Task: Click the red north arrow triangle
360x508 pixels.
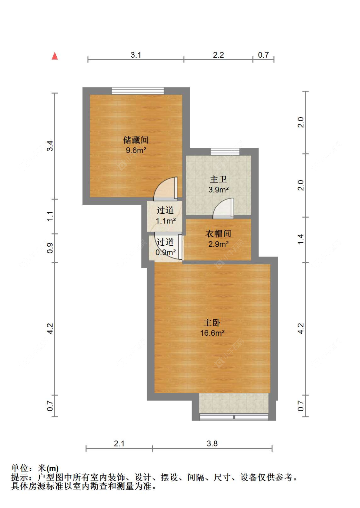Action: pyautogui.click(x=55, y=56)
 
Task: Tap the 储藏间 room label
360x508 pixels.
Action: pyautogui.click(x=136, y=140)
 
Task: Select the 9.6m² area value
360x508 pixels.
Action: pyautogui.click(x=136, y=150)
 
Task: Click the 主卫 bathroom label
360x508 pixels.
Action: pyautogui.click(x=218, y=179)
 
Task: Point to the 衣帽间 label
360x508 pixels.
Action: pyautogui.click(x=218, y=234)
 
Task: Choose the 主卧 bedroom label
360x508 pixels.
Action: pyautogui.click(x=212, y=323)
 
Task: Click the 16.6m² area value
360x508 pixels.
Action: pyautogui.click(x=212, y=333)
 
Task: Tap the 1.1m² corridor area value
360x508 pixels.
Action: pyautogui.click(x=166, y=221)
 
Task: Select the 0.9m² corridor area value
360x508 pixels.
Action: pyautogui.click(x=165, y=252)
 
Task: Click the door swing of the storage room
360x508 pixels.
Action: pyautogui.click(x=166, y=189)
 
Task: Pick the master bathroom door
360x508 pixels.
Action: pyautogui.click(x=223, y=208)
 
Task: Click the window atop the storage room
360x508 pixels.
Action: pyautogui.click(x=138, y=91)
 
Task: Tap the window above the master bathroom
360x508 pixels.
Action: pyautogui.click(x=225, y=152)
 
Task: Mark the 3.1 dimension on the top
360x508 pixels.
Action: pyautogui.click(x=136, y=55)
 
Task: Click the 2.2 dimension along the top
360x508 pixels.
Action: pyautogui.click(x=218, y=55)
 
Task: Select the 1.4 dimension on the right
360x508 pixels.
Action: pyautogui.click(x=300, y=240)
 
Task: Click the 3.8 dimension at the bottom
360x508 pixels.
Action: pyautogui.click(x=212, y=443)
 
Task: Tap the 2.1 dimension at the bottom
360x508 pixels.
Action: pyautogui.click(x=119, y=443)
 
